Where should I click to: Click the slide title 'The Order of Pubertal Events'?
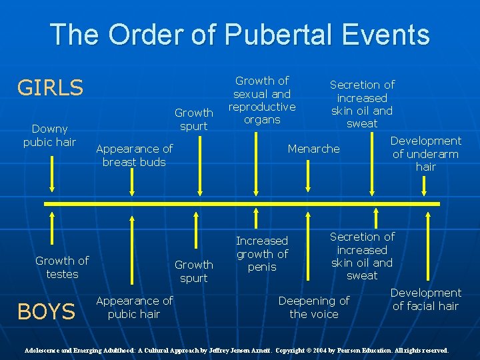240,34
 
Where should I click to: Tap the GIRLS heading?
50,87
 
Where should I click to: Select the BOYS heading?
46,311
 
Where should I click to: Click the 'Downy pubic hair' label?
49,135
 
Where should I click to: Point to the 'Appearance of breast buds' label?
134,155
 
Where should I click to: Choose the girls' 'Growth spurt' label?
194,119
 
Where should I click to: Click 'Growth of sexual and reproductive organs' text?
262,100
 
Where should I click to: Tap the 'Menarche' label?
313,149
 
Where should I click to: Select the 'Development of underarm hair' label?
425,153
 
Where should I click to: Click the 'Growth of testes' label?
62,267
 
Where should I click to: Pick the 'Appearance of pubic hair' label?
134,307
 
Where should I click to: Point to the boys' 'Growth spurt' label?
194,271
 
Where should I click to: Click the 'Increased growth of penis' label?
262,253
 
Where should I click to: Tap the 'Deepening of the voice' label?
313,307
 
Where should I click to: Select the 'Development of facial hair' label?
425,299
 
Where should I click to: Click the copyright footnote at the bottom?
237,350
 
